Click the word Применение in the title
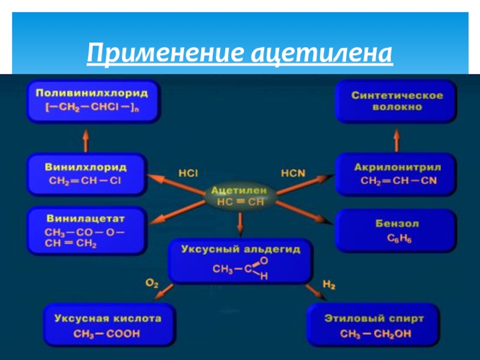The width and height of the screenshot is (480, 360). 162,55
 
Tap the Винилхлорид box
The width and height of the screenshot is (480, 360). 86,173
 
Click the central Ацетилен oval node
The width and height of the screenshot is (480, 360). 240,196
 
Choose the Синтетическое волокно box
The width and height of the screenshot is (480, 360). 397,101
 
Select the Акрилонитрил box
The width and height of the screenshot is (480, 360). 397,173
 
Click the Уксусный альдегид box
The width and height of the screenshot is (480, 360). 240,262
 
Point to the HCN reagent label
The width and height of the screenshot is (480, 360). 293,173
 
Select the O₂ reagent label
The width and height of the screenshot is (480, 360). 151,283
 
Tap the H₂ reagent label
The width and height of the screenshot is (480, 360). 329,283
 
